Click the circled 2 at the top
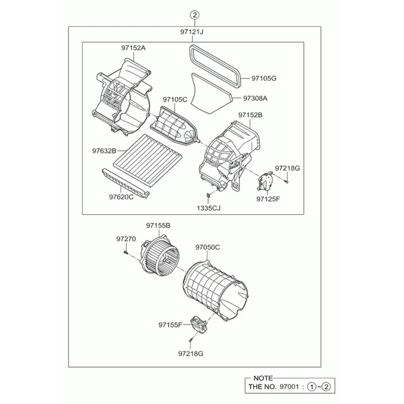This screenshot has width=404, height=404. pos(195,15)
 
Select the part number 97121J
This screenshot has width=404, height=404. pos(192,32)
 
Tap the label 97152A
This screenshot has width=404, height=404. pos(133,48)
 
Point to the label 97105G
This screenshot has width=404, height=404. pos(264,78)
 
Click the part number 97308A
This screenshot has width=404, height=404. pos(255,98)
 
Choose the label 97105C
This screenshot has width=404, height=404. pos(175,99)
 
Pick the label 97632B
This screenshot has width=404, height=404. pos(104,151)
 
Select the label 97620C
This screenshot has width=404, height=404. pos(121,197)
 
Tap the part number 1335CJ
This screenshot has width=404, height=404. pos(209,208)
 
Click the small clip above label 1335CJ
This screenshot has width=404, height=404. pos(209,197)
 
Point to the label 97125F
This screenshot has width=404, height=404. pos(268,199)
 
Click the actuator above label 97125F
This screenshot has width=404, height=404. pos(265,181)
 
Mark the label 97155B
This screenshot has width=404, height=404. pos(158,226)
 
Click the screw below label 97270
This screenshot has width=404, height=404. pos(125,252)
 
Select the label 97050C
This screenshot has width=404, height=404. pos(207,247)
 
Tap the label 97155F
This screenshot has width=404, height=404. pos(170,325)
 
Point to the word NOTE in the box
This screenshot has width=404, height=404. pos(263,378)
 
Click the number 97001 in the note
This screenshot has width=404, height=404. pos(289,386)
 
